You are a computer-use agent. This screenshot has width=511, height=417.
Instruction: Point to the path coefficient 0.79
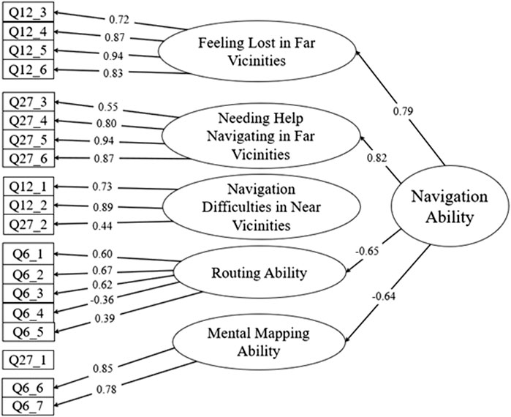(x=401, y=111)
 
